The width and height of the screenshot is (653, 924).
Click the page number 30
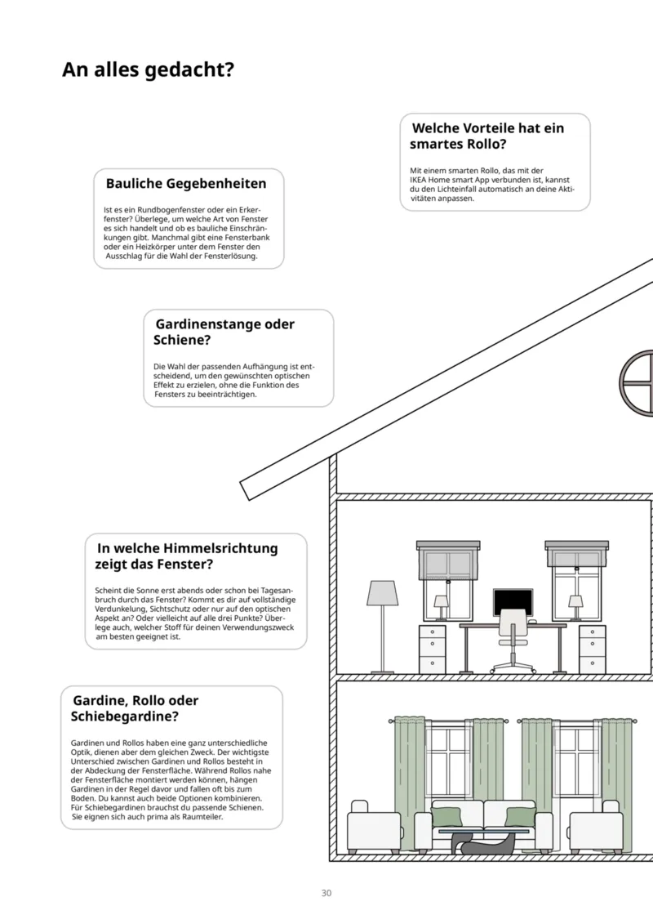[x=326, y=893]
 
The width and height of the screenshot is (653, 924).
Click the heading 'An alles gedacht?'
[x=148, y=70]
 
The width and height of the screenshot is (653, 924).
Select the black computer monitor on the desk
[x=513, y=603]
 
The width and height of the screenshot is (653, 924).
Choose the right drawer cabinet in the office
[x=592, y=649]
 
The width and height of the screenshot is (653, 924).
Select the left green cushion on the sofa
[x=446, y=816]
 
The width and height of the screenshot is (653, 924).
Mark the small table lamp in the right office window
[x=575, y=605]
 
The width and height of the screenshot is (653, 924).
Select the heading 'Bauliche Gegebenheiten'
[x=186, y=183]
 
